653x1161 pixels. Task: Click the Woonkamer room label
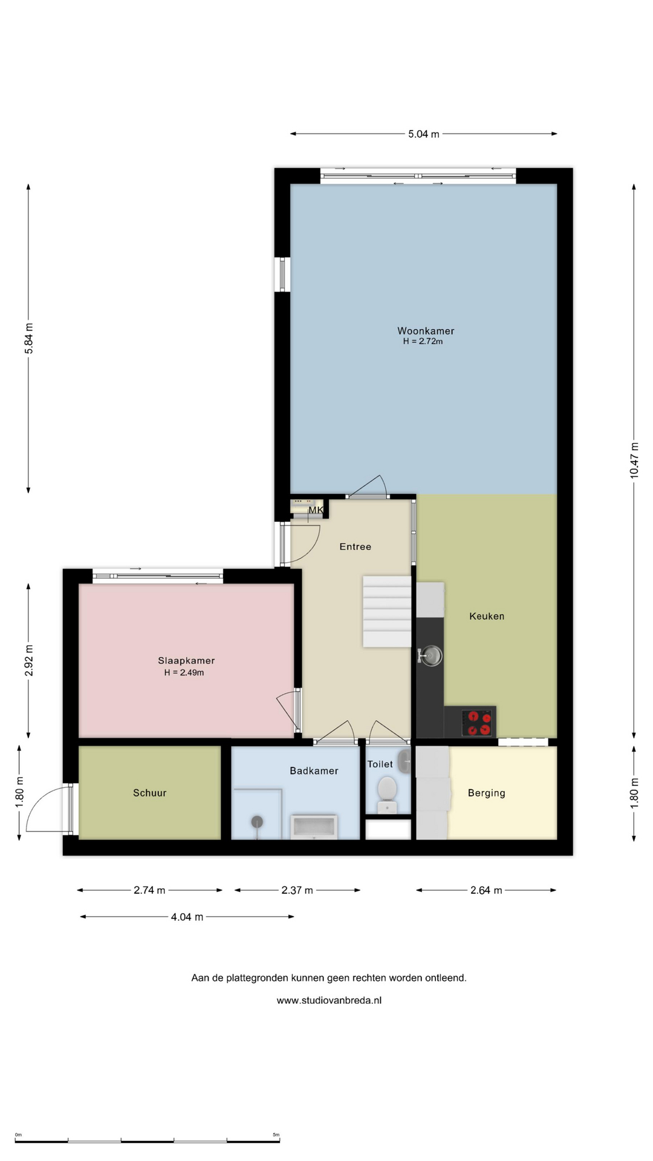[426, 331]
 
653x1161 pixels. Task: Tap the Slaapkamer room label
[186, 660]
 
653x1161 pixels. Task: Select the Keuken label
[487, 616]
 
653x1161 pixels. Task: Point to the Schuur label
[150, 793]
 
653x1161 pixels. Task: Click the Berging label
[487, 793]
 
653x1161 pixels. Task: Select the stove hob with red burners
[479, 722]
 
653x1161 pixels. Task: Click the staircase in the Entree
[387, 611]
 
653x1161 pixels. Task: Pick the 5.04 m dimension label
[424, 134]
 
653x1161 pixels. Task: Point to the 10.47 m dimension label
[634, 460]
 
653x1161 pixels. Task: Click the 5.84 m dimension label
[28, 339]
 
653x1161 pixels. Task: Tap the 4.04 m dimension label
[187, 917]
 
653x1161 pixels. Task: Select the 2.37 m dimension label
[297, 890]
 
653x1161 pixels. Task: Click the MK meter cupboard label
[316, 510]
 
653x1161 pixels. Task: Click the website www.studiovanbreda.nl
[329, 1000]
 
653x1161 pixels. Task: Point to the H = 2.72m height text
[423, 342]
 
